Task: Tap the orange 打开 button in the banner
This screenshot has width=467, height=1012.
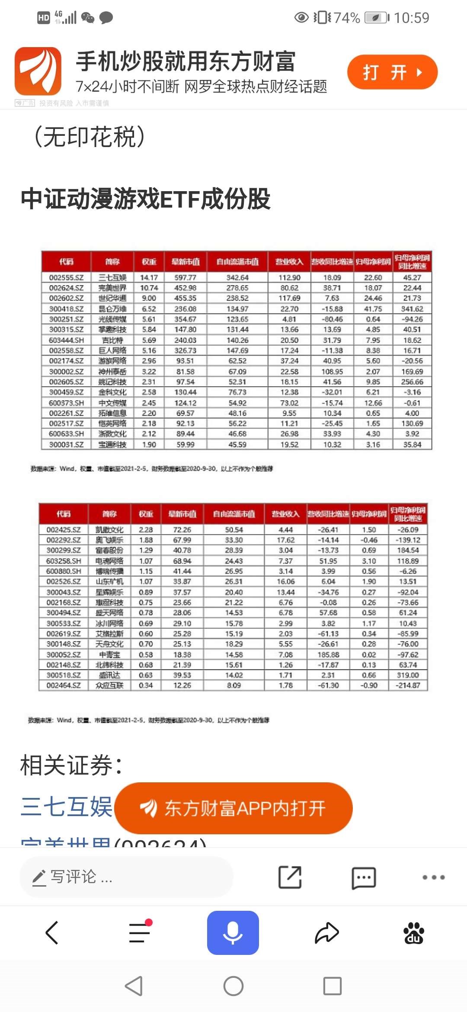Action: click(x=392, y=72)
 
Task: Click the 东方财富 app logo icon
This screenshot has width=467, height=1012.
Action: click(x=38, y=71)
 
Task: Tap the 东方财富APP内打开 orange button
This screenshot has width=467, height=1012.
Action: click(x=234, y=808)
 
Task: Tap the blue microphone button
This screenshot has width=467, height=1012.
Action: click(x=233, y=932)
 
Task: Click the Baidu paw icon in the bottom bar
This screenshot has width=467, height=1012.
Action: click(x=414, y=932)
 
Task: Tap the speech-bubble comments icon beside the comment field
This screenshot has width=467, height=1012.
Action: click(x=364, y=877)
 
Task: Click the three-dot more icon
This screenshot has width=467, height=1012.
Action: click(x=433, y=877)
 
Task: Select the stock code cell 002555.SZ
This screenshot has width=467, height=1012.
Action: click(x=66, y=278)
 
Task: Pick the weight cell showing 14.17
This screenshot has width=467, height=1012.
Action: click(x=149, y=278)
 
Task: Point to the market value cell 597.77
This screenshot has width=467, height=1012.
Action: click(x=185, y=278)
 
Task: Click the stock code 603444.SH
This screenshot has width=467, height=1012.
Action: click(x=66, y=340)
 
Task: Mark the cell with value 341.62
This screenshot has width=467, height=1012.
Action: click(x=412, y=309)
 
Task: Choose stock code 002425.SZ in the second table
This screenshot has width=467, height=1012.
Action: click(x=64, y=530)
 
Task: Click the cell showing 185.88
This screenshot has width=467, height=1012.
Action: click(x=328, y=655)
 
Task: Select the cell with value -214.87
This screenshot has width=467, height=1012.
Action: click(x=408, y=685)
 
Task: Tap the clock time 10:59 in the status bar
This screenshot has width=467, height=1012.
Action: click(x=411, y=18)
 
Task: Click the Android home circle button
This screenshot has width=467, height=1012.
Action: click(x=233, y=986)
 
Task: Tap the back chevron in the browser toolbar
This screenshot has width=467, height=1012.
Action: click(x=52, y=932)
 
